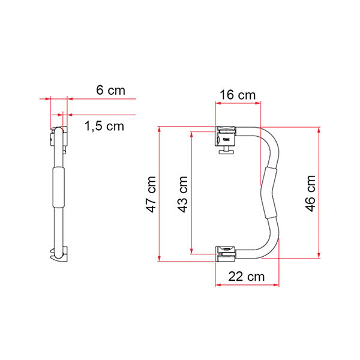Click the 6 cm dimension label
coord(111,90)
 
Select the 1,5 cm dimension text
coord(104,126)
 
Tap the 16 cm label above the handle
coord(238,95)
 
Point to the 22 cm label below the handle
coord(247,277)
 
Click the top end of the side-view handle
coord(58,131)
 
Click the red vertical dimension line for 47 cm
coord(159,194)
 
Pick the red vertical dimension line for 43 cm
coord(191,194)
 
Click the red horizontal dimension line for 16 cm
coord(238,103)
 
